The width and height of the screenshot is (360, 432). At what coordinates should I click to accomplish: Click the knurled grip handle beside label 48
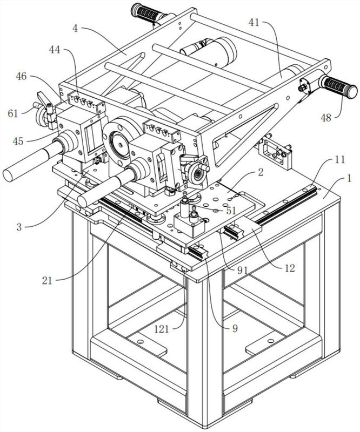pyautogui.click(x=338, y=86)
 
